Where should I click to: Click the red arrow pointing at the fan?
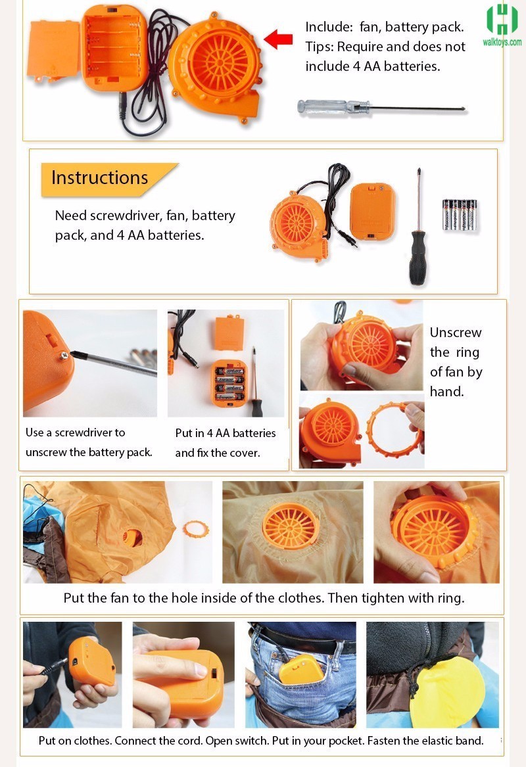pos(278,39)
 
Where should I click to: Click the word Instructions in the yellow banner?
pos(99,177)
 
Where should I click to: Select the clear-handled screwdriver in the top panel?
pos(381,106)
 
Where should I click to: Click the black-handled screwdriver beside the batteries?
pos(418,230)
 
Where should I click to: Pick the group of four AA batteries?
pos(460,214)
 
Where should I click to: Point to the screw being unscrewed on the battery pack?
pos(64,356)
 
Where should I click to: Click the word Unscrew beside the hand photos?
pos(456,333)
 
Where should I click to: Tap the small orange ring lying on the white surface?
pos(196,529)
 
